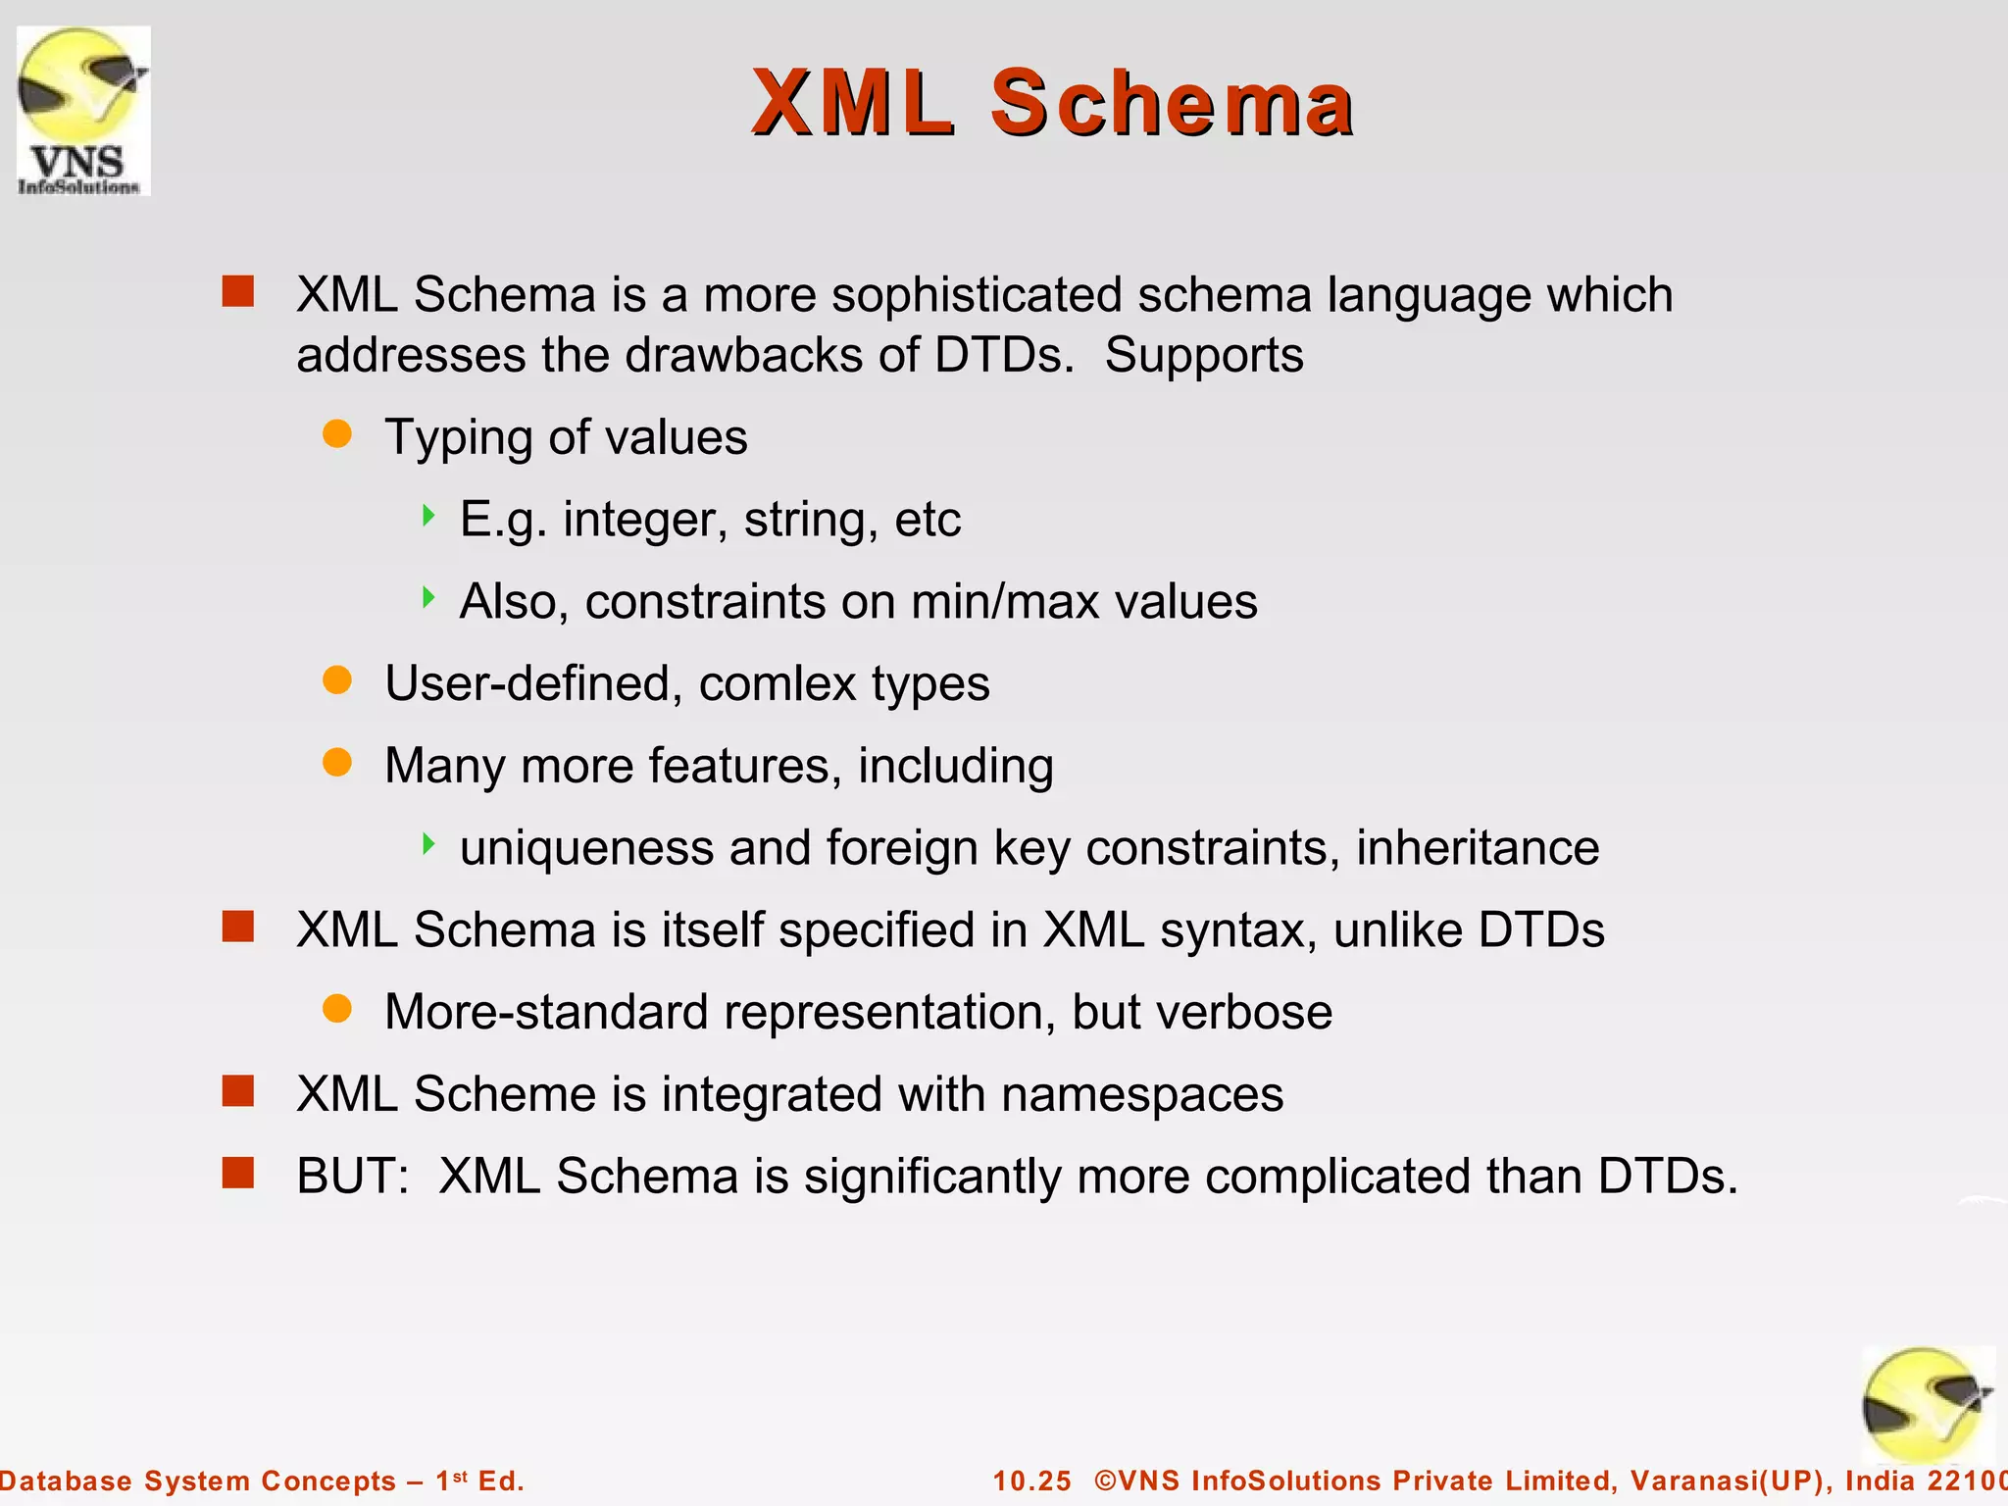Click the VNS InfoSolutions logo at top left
coord(83,110)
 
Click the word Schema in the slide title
coord(1172,103)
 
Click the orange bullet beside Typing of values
coord(337,434)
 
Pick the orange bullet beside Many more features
coord(337,763)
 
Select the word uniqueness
coord(586,848)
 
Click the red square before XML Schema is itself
coord(238,927)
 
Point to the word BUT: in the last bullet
coord(352,1176)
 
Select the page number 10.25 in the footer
coord(1032,1481)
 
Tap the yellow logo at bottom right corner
coord(1926,1404)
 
